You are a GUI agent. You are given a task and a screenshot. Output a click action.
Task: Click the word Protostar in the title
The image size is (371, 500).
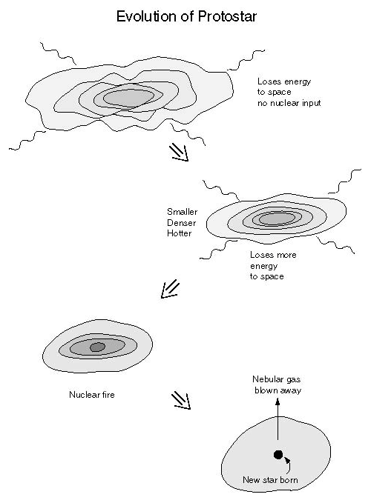coord(227,16)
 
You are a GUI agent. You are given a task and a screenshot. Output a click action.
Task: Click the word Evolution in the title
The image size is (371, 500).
coord(147,16)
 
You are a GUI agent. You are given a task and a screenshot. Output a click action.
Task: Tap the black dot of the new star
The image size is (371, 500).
coord(278,455)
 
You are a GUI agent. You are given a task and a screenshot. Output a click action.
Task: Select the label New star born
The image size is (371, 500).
coord(270,479)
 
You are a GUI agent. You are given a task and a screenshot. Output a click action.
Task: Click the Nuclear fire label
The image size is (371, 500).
coord(92,395)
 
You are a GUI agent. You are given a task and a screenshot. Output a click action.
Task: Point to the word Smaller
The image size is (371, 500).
coord(182,212)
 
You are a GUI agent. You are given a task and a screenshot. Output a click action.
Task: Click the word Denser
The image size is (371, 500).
coord(181,222)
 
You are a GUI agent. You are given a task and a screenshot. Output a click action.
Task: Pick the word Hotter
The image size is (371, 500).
coord(180,233)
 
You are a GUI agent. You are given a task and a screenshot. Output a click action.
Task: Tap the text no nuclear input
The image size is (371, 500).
coord(289,103)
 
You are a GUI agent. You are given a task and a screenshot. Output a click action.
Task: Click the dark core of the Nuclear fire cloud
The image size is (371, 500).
coord(97,347)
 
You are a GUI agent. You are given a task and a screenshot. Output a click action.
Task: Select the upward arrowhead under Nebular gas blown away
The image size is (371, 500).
coord(278,402)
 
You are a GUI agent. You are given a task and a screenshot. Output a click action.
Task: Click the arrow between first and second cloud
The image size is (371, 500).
coord(179,152)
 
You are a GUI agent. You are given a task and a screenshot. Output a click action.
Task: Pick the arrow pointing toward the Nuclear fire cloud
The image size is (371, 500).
coord(171,289)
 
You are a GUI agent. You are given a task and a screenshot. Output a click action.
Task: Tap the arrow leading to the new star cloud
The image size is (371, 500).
coord(181,401)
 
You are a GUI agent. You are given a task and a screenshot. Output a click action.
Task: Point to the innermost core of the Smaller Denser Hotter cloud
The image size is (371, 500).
coord(277,219)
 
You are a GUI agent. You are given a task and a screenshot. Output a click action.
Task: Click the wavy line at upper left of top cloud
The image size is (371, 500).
coord(58,53)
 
